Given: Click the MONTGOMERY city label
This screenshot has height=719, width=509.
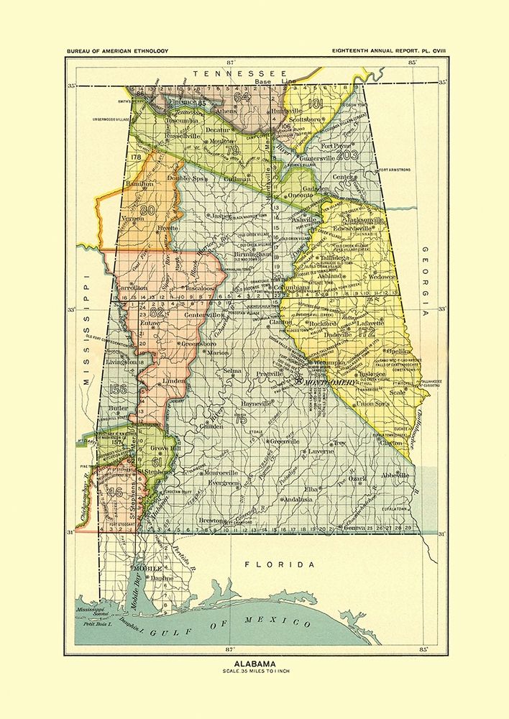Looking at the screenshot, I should [x=331, y=384].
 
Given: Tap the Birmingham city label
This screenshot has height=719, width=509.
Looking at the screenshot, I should [x=252, y=254].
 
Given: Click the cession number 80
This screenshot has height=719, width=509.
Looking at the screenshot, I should [x=148, y=211].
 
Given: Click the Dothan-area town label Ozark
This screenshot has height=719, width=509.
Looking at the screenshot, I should [x=357, y=478].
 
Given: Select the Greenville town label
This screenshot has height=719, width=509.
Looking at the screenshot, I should [x=283, y=441].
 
